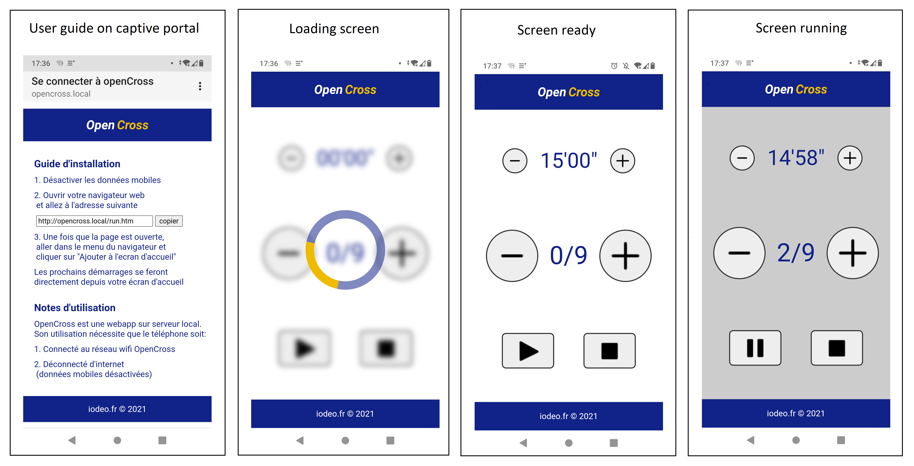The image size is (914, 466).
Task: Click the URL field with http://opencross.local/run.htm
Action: (94, 221)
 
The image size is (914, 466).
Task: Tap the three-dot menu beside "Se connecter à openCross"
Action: (200, 86)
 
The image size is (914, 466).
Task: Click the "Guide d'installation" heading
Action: (77, 164)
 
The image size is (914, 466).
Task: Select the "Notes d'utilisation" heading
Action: (74, 308)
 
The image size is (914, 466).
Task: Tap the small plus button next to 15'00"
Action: (622, 161)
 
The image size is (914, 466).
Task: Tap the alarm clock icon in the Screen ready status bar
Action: (614, 66)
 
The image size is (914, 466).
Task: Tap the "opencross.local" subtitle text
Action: (61, 94)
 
